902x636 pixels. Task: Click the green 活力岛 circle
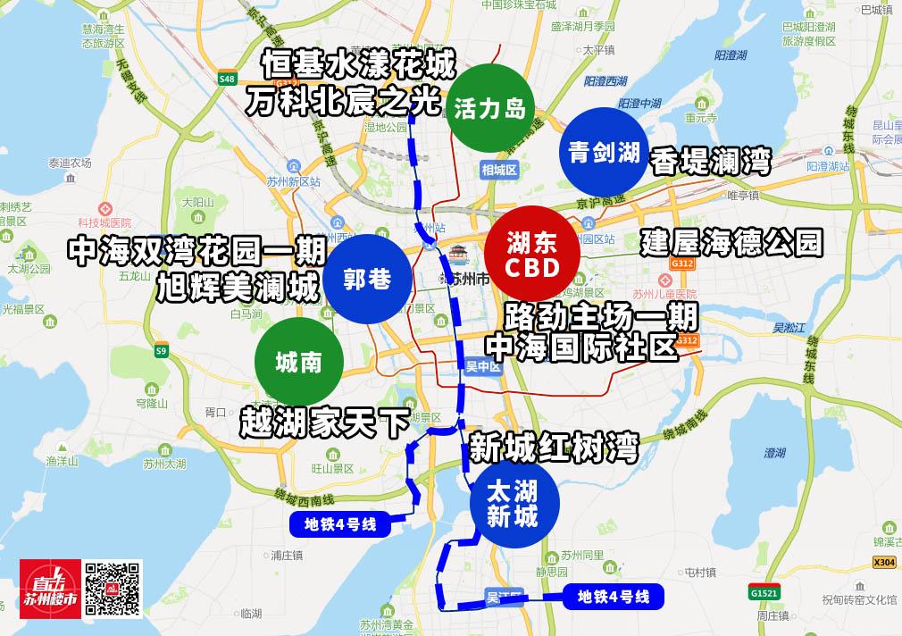tap(489, 109)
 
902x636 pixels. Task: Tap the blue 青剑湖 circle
tap(604, 153)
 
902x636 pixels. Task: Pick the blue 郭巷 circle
tap(367, 280)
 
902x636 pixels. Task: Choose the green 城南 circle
tap(298, 363)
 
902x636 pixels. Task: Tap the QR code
tap(113, 589)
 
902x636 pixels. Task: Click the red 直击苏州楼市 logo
tap(50, 589)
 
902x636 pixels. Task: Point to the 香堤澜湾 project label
tap(711, 160)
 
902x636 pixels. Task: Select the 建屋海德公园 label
tap(731, 242)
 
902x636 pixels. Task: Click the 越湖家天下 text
tap(323, 422)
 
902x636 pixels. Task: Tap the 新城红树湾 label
tap(554, 446)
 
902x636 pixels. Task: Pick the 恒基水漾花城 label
tap(359, 65)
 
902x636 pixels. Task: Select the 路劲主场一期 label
tap(601, 315)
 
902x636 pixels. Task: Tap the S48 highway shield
tap(227, 79)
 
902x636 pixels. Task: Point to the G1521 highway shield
tap(764, 592)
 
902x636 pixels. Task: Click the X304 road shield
tap(883, 562)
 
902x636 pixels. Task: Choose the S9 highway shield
tap(161, 351)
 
